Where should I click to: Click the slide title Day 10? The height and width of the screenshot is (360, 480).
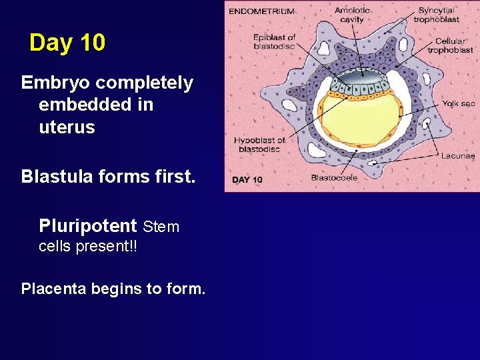click(67, 43)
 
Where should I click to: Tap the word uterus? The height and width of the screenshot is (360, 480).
click(67, 127)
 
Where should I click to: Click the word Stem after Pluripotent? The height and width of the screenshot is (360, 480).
click(161, 227)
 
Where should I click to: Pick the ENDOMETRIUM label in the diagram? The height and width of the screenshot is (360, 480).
click(261, 11)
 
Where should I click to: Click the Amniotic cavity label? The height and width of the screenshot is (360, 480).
click(352, 15)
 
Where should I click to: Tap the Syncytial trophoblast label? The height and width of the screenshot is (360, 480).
click(437, 15)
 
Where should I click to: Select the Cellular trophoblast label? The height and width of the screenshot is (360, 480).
click(451, 45)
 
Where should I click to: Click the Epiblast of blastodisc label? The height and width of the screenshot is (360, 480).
click(274, 41)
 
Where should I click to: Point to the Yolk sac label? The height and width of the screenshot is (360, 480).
click(458, 103)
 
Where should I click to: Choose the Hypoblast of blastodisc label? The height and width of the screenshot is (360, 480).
click(259, 144)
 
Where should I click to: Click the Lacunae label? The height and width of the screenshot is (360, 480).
click(458, 155)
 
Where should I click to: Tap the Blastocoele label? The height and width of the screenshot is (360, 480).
click(334, 178)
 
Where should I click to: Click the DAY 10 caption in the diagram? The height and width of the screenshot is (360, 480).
click(247, 180)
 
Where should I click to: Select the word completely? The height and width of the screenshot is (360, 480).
click(144, 83)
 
